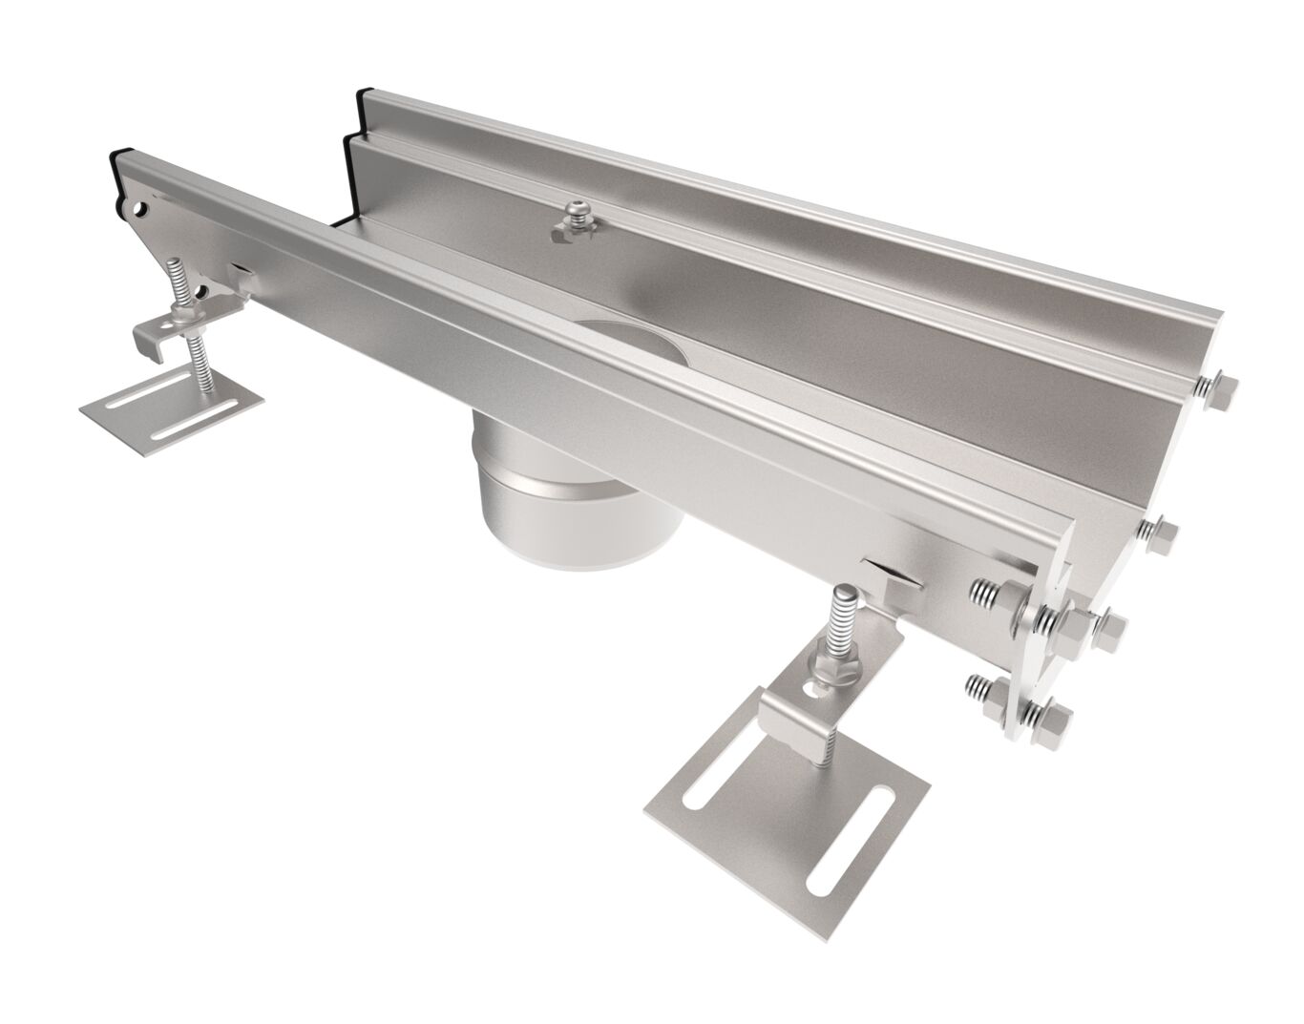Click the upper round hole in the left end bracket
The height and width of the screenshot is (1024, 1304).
click(142, 206)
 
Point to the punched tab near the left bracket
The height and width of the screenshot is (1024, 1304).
click(241, 276)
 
